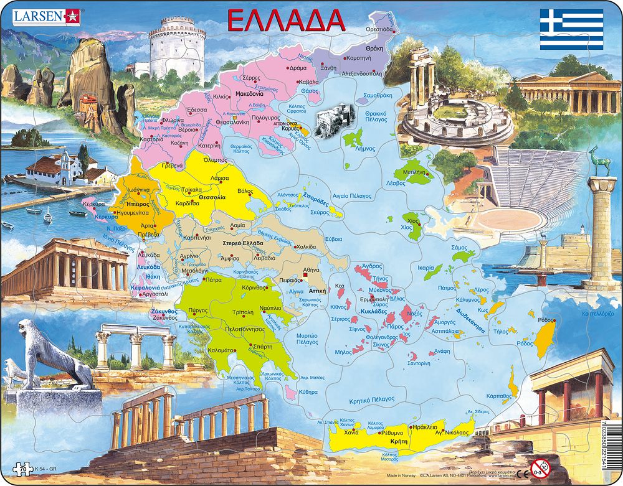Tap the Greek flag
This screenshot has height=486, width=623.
(571, 29)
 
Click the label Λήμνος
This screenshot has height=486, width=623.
(364, 149)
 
